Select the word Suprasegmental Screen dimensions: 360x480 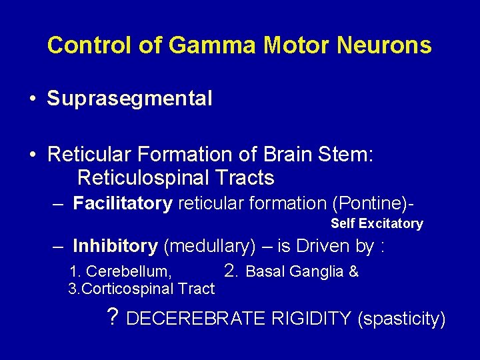tap(129, 99)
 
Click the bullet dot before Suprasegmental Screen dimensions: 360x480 tap(32, 100)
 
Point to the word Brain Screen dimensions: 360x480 tap(289, 155)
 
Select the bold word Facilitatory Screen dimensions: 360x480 tap(123, 203)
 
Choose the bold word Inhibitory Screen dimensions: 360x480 tap(115, 246)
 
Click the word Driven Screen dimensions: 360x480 tap(324, 246)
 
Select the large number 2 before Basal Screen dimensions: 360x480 tap(230, 270)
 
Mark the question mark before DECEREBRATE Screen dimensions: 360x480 tap(113, 317)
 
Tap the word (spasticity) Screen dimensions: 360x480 tap(401, 319)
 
